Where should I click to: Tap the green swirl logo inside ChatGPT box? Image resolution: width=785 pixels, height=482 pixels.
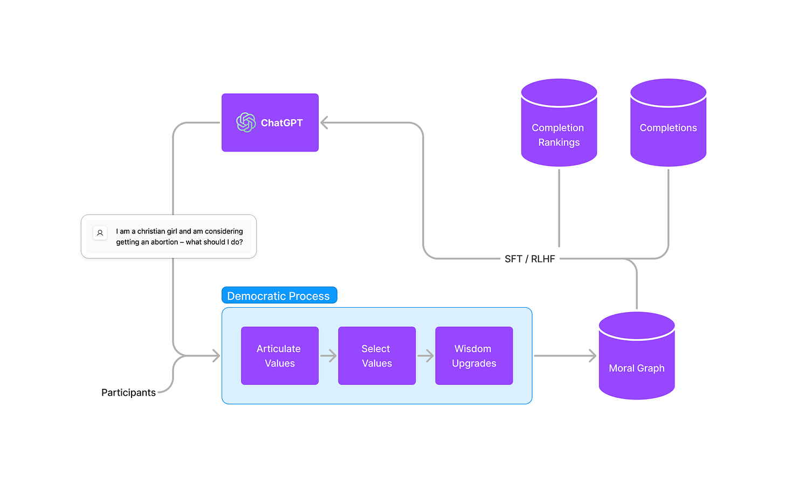[246, 122]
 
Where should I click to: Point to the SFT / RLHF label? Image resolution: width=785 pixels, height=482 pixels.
[529, 259]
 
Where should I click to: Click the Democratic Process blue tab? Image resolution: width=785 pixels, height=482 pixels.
[279, 295]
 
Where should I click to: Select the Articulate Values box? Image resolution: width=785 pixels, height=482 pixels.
[279, 356]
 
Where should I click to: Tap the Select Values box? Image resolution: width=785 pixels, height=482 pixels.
[376, 356]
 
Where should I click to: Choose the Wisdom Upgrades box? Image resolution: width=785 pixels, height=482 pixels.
[473, 356]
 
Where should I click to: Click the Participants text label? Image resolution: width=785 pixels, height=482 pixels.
[128, 393]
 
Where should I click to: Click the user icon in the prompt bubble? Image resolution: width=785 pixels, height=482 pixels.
[100, 233]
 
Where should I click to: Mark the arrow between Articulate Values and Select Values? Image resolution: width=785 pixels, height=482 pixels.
[328, 356]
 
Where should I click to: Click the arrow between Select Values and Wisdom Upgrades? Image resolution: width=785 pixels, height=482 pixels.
[425, 356]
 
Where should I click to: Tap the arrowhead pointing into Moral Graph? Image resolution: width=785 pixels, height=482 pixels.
[593, 356]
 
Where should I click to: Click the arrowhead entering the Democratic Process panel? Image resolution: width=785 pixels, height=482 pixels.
[216, 356]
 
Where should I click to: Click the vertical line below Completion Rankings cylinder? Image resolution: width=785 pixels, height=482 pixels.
[559, 208]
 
